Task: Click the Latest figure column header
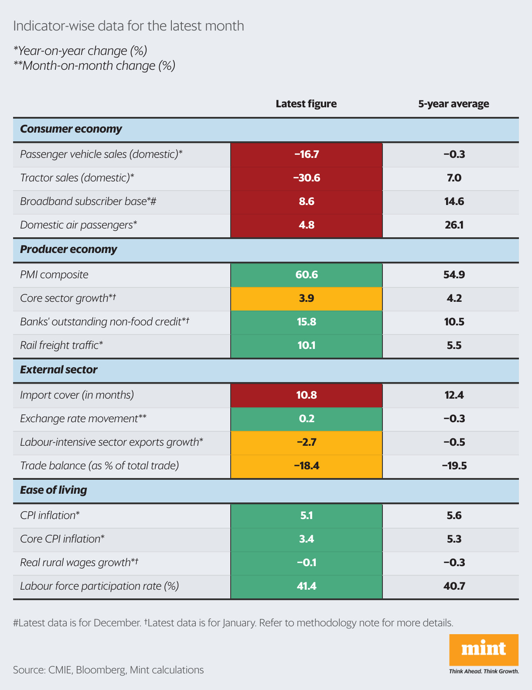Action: [306, 104]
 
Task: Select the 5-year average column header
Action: [454, 104]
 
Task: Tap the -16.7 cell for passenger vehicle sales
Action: [307, 154]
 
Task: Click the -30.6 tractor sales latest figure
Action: [307, 178]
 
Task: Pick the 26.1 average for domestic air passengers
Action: [454, 225]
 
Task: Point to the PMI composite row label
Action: [54, 275]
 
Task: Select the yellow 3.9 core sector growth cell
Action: [307, 298]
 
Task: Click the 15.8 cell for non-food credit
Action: [307, 322]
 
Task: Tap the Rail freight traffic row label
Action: [61, 345]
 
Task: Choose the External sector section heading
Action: [59, 370]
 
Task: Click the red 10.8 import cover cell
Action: [307, 395]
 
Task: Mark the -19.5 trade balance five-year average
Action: [454, 466]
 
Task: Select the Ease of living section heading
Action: [54, 490]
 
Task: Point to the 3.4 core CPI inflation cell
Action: [307, 539]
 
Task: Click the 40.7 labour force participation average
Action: [454, 586]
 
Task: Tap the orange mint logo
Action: [484, 649]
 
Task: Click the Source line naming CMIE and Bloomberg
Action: [108, 670]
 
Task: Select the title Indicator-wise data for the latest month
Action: [129, 26]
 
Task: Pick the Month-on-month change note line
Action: [94, 66]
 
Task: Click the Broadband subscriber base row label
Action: [88, 202]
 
